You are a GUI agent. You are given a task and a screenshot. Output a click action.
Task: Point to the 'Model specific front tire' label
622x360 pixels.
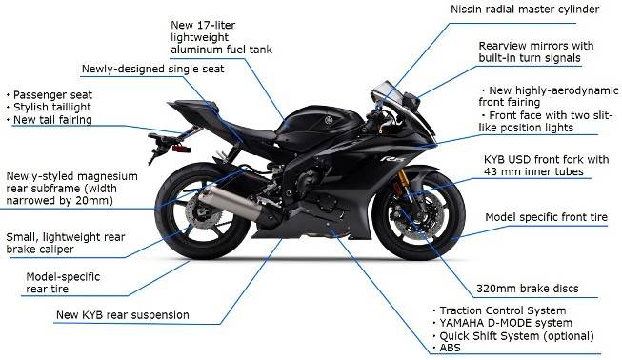(546, 218)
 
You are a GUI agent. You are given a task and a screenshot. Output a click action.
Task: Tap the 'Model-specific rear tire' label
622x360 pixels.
(63, 283)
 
